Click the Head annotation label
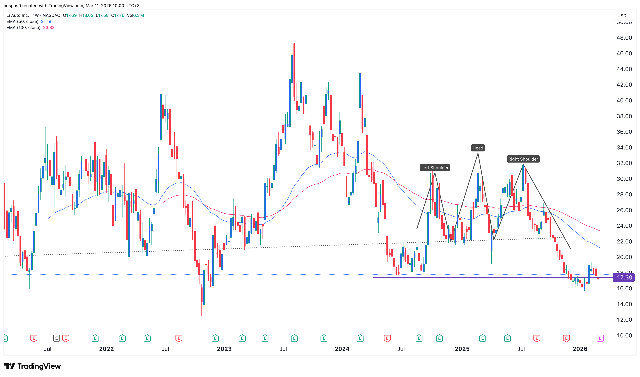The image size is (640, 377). click(478, 148)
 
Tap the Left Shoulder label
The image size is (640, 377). click(435, 168)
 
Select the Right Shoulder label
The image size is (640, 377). click(523, 159)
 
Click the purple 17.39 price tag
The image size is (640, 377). click(624, 277)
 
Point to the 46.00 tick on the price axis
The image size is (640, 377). click(624, 53)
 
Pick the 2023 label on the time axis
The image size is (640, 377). click(224, 349)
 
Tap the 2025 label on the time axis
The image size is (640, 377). click(462, 349)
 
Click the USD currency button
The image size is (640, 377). click(622, 16)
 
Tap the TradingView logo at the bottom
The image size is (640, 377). click(33, 366)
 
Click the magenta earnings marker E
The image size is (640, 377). click(600, 338)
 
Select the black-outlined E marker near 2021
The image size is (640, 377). click(56, 338)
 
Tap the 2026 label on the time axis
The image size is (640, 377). click(580, 349)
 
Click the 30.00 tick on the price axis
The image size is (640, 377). click(624, 179)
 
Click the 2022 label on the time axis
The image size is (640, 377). click(106, 349)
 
